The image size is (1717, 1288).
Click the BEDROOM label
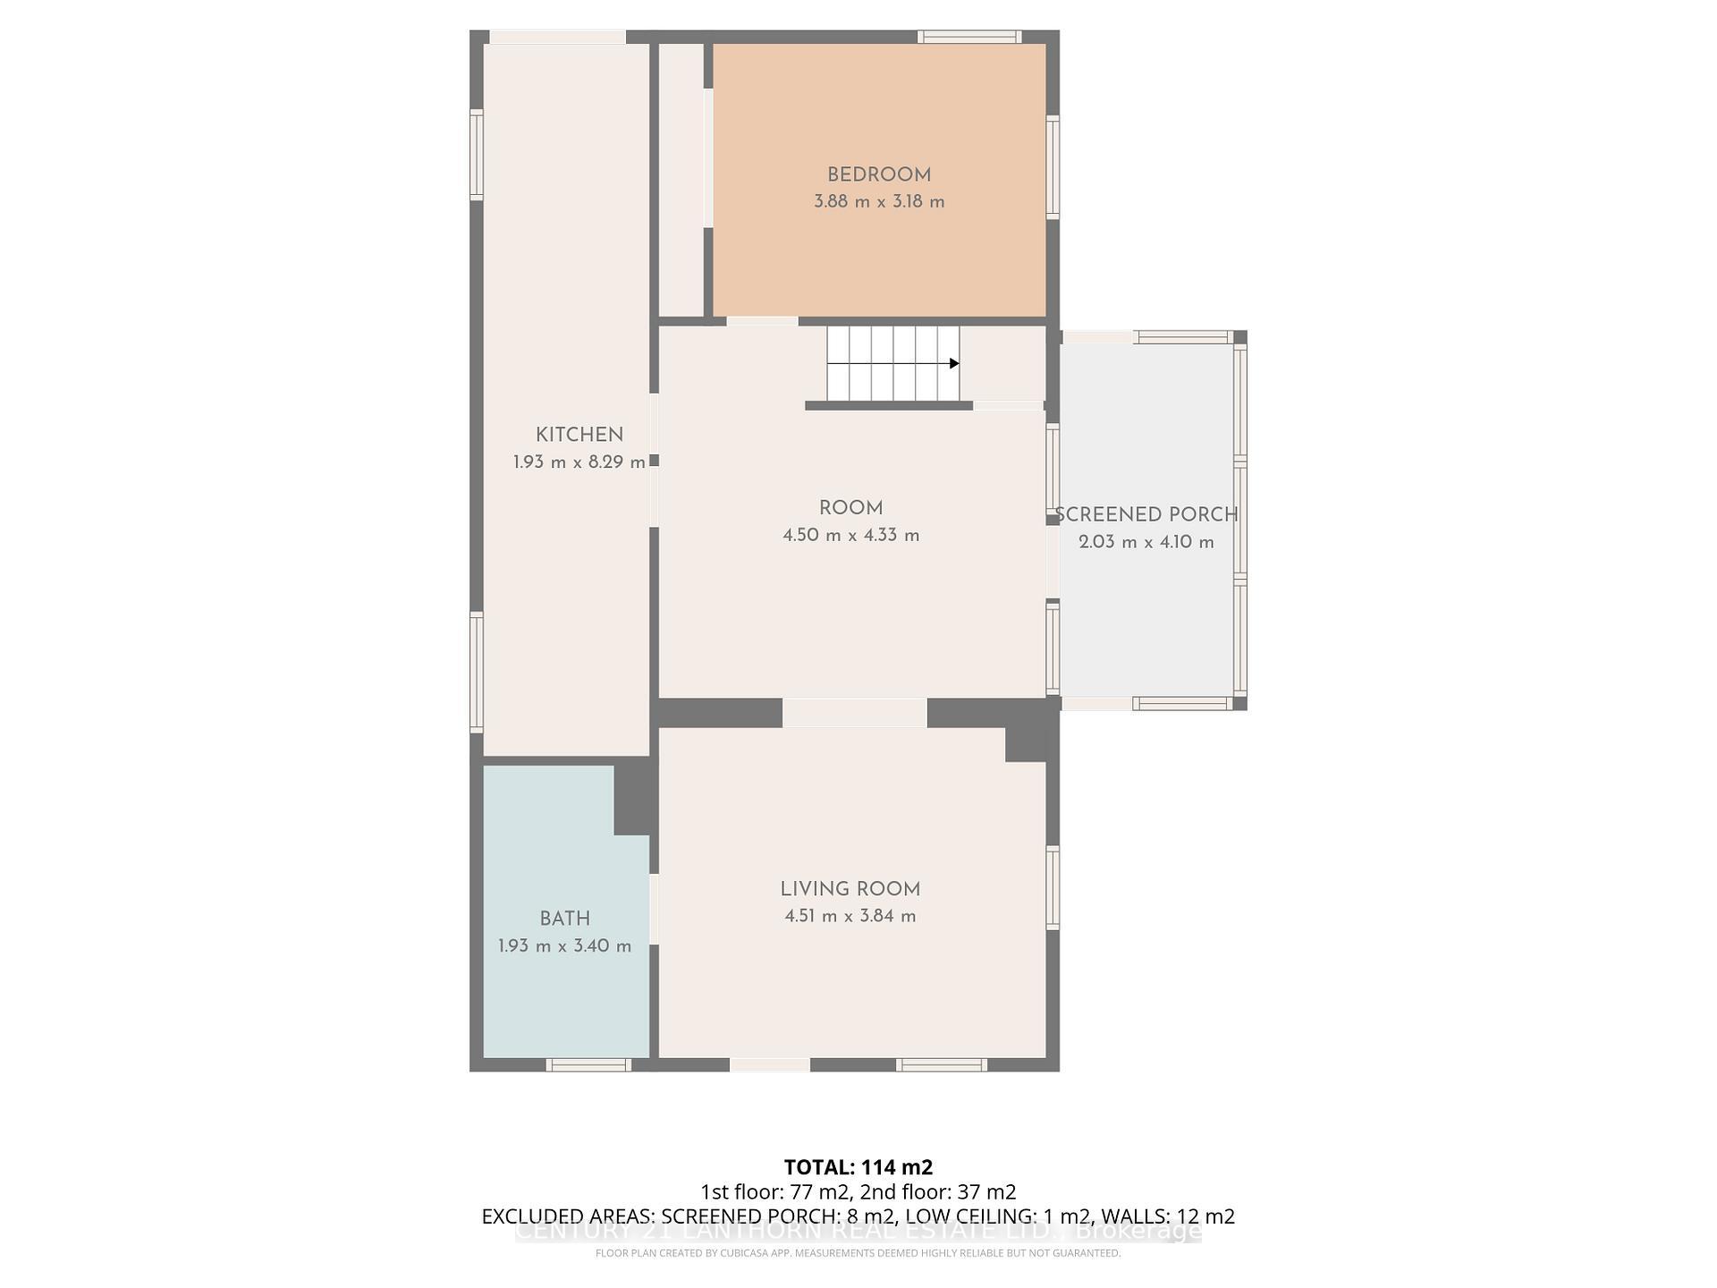coord(878,175)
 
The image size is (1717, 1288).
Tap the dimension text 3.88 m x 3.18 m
coord(878,202)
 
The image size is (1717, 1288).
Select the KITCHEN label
coord(579,436)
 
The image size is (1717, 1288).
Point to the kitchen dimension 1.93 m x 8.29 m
coord(579,462)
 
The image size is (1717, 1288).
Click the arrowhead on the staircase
coord(954,363)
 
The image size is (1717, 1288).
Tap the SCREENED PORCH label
coord(1146,515)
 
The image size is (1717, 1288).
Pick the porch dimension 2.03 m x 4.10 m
coord(1146,542)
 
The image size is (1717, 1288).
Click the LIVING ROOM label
coord(850,889)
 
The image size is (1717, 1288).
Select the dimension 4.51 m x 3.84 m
coord(850,916)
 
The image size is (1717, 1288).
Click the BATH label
coord(564,919)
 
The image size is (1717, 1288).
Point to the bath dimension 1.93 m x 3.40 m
coord(564,946)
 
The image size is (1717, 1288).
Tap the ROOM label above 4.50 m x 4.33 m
coord(850,508)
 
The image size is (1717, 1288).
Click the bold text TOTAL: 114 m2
coord(858,1167)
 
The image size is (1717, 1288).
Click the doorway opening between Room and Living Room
coord(854,713)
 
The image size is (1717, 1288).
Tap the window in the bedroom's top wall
coord(969,37)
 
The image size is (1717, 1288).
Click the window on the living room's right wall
coord(1053,887)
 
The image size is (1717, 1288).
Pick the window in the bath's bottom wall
coord(588,1064)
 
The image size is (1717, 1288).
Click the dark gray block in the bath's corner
coord(632,799)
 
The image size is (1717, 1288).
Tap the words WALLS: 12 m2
coord(1167,1216)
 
